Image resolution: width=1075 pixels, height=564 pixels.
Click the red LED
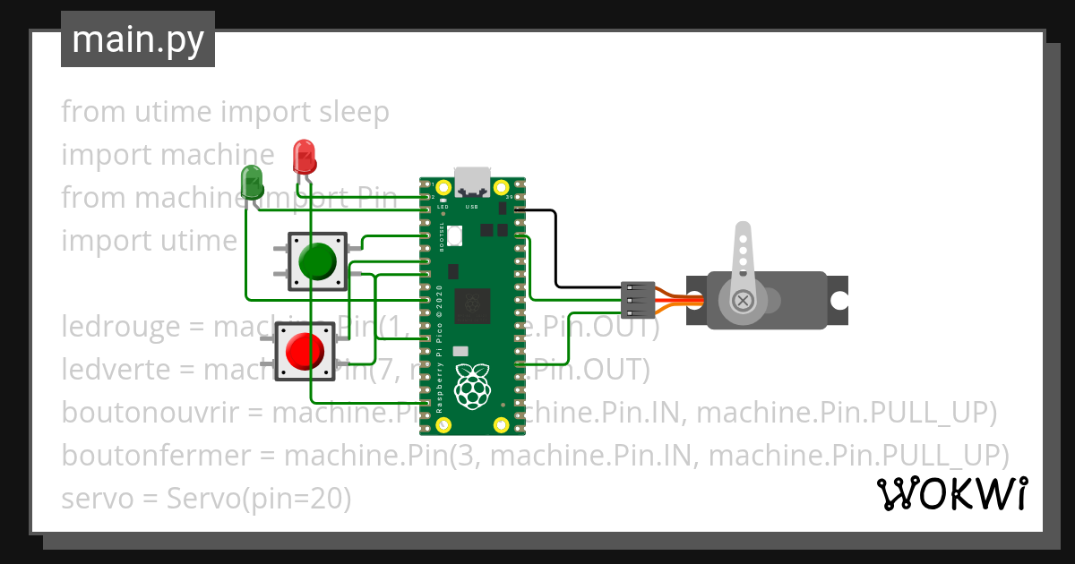coord(305,156)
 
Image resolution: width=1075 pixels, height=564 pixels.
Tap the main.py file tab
coord(138,39)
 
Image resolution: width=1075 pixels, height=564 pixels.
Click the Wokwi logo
coord(951,493)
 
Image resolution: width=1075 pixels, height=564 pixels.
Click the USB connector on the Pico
coord(473,182)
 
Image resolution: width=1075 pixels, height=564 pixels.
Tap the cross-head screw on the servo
coord(743,300)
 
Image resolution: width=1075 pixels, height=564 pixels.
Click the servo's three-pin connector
coord(638,300)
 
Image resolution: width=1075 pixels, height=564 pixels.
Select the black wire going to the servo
coord(555,251)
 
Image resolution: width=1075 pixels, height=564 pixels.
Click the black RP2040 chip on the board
coord(473,306)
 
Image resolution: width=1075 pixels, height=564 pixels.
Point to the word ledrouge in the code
coord(121,327)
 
